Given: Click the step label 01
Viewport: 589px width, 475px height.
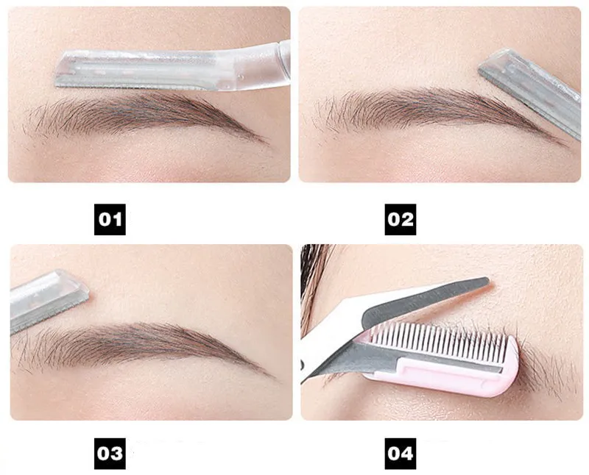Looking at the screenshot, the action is click(110, 220).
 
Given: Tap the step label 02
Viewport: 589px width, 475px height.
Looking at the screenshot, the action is click(401, 220).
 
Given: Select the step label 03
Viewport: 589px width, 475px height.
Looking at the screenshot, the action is click(110, 453).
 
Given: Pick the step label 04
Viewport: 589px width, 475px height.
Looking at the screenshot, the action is click(401, 453).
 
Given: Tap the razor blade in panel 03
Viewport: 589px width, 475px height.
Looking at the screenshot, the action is click(49, 300).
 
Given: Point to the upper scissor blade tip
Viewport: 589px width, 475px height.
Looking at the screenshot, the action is click(487, 280).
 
